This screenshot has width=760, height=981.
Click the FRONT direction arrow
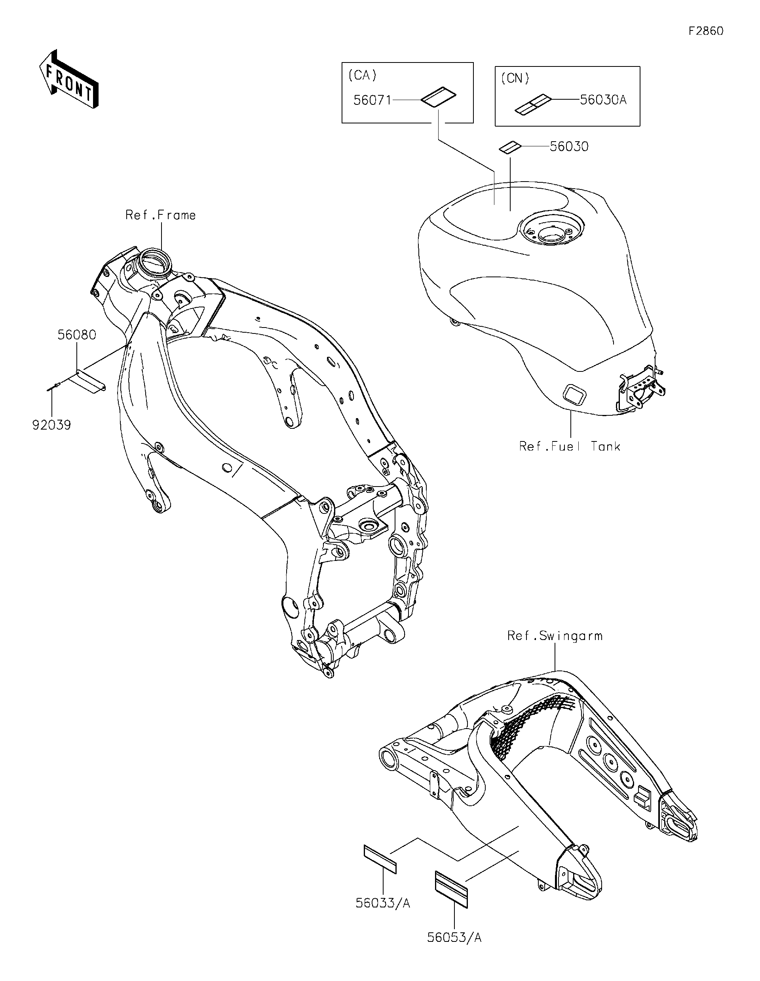[68, 80]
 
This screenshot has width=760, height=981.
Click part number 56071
[372, 100]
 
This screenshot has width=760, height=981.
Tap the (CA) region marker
[362, 76]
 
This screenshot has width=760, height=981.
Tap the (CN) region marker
[515, 79]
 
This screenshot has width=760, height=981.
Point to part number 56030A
[603, 100]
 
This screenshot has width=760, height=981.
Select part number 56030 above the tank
[569, 147]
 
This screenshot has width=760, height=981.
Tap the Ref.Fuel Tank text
[570, 447]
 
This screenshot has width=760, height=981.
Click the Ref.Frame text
[160, 215]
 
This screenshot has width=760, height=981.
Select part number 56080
[77, 335]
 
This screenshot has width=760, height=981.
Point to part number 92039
[52, 425]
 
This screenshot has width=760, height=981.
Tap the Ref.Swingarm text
[555, 636]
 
